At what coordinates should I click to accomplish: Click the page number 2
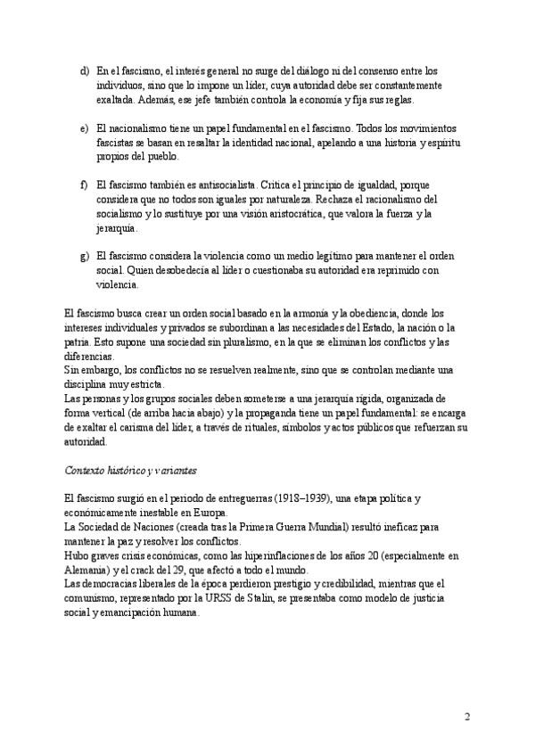[466, 717]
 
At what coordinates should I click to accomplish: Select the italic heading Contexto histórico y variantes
[131, 470]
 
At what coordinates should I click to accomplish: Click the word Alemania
[87, 571]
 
